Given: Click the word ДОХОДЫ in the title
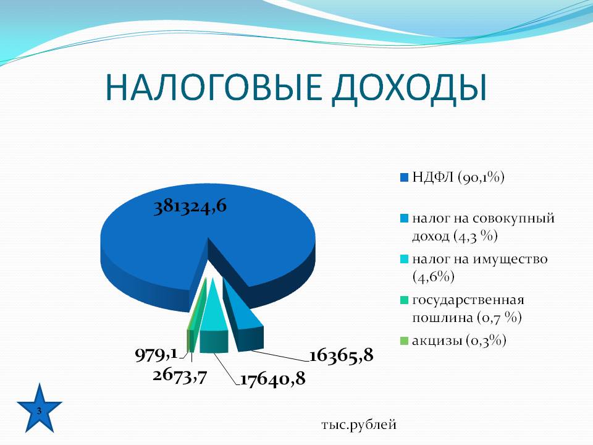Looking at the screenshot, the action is (409, 89).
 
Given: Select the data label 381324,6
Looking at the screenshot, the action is (190, 206).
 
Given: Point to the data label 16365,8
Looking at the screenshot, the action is (342, 355).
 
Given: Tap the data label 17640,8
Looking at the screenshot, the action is (272, 379).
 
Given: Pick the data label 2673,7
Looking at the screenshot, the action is (180, 376).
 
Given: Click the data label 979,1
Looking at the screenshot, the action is (156, 355).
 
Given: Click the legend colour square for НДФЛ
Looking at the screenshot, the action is (404, 177).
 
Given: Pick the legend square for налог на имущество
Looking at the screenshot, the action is (404, 260).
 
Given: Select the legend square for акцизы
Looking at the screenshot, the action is (404, 341).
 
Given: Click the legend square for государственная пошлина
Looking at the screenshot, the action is (404, 300).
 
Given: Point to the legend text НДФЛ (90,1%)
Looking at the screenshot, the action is (458, 177).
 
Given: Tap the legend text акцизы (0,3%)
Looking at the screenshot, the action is (459, 341).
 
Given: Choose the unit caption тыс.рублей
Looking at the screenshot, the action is (359, 425).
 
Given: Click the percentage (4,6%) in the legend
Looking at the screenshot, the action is (434, 277).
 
